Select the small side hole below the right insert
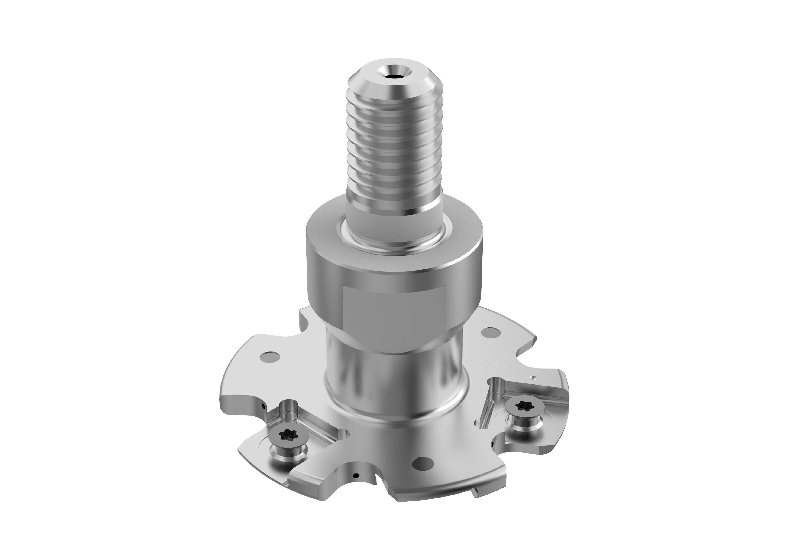[493, 442]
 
